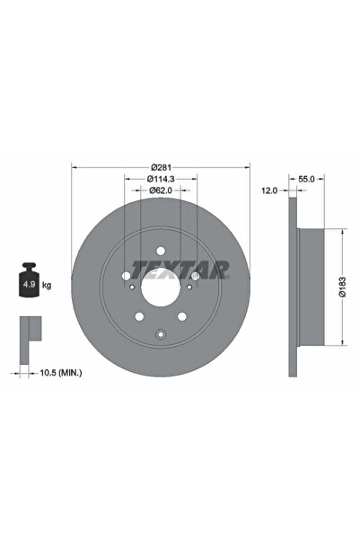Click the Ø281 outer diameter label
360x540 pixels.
pos(161,167)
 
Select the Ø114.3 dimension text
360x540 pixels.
pos(161,180)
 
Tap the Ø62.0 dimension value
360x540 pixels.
pos(161,191)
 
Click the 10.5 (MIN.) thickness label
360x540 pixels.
pos(59,371)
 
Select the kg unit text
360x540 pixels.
pos(47,285)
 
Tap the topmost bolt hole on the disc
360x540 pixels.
pos(161,251)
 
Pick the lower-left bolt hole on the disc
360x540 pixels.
pos(139,315)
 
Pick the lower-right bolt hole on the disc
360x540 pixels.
pos(182,315)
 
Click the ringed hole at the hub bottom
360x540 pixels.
pos(161,333)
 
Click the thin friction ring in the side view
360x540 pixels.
pos(292,286)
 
